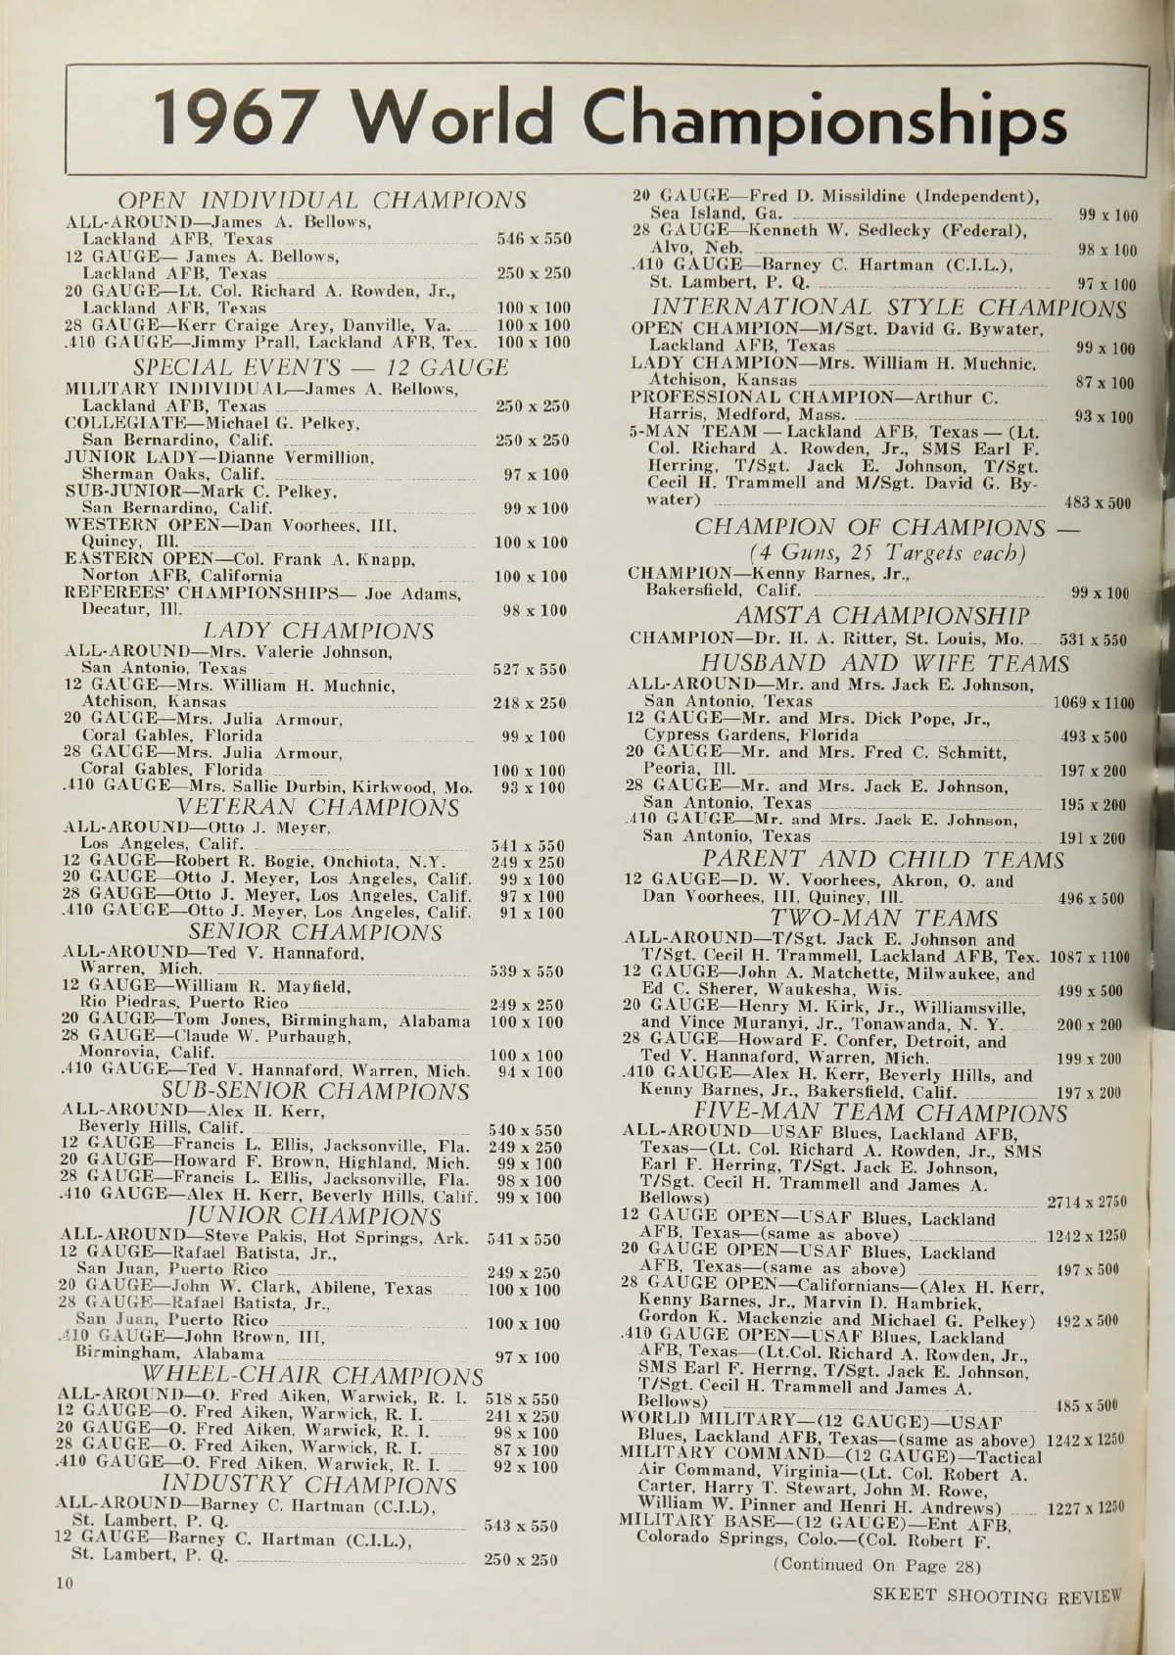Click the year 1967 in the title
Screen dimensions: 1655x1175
pyautogui.click(x=240, y=120)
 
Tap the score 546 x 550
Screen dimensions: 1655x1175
pyautogui.click(x=533, y=239)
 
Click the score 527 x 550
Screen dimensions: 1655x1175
pyautogui.click(x=529, y=670)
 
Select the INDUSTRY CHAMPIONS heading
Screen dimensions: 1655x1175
pyautogui.click(x=307, y=1486)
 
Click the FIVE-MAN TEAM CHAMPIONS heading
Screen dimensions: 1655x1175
pyautogui.click(x=879, y=1113)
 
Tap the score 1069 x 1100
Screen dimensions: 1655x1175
pyautogui.click(x=1093, y=703)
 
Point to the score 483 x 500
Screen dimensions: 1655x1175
pyautogui.click(x=1097, y=503)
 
